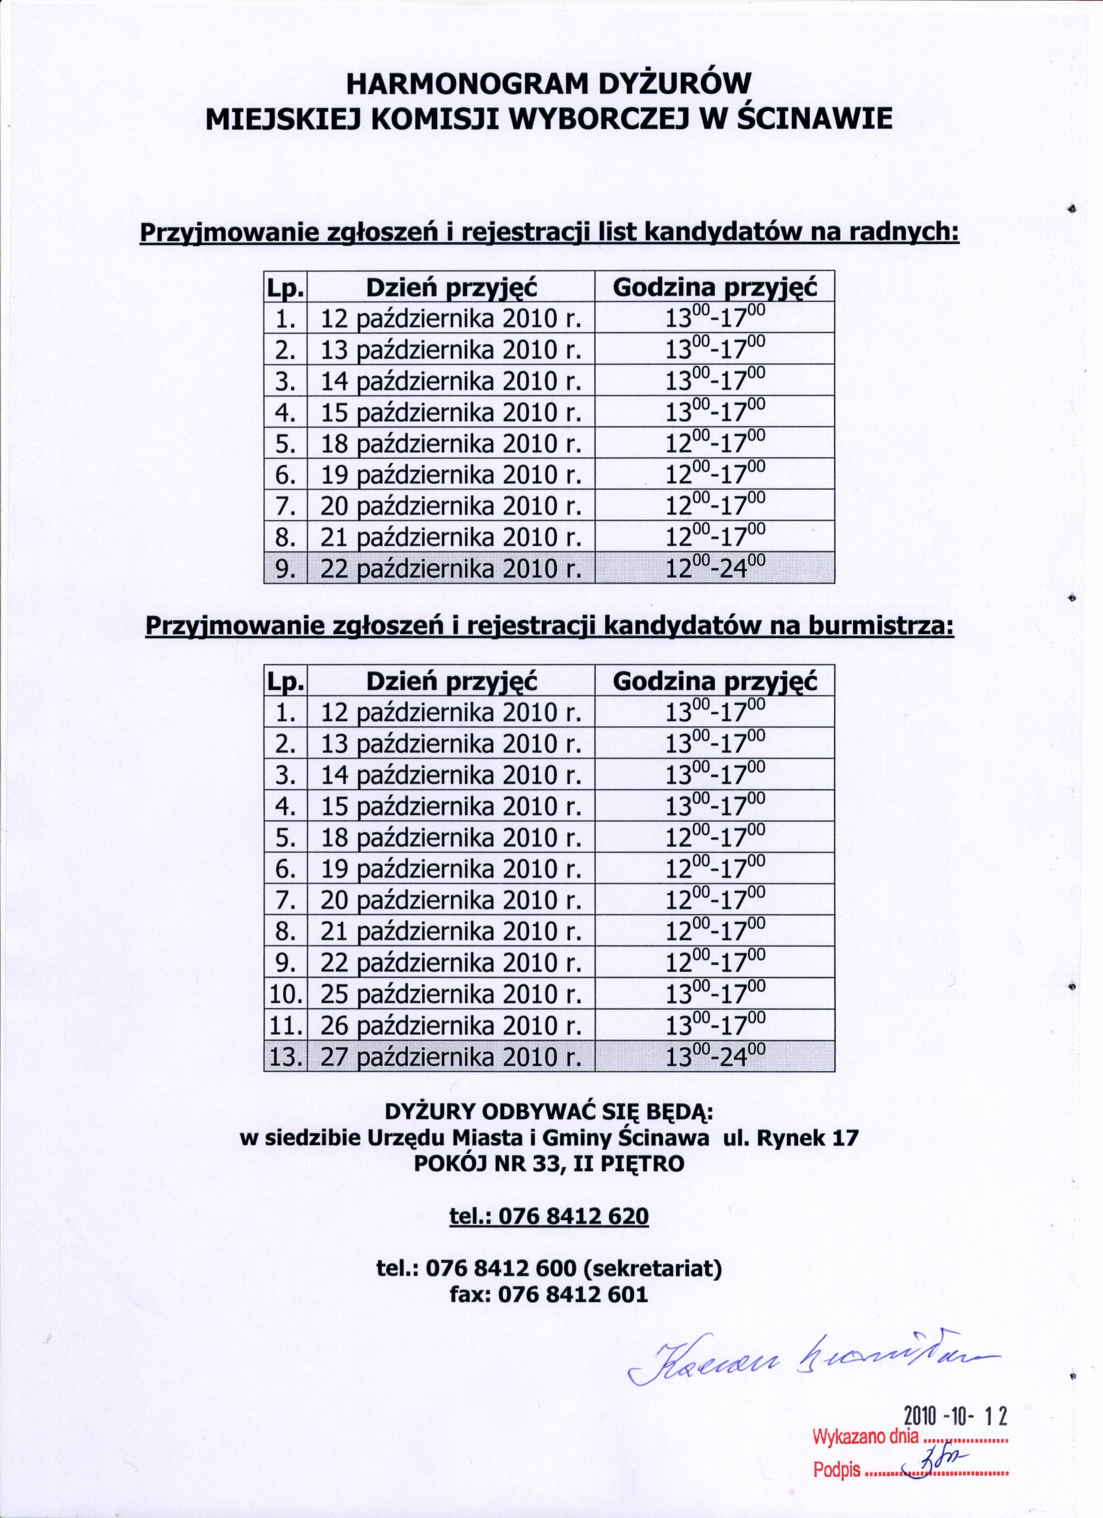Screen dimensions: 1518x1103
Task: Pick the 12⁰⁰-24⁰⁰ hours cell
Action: point(715,568)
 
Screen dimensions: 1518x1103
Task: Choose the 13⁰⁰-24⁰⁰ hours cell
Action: point(715,1056)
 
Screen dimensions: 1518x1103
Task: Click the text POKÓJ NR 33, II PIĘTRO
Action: point(549,1164)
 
